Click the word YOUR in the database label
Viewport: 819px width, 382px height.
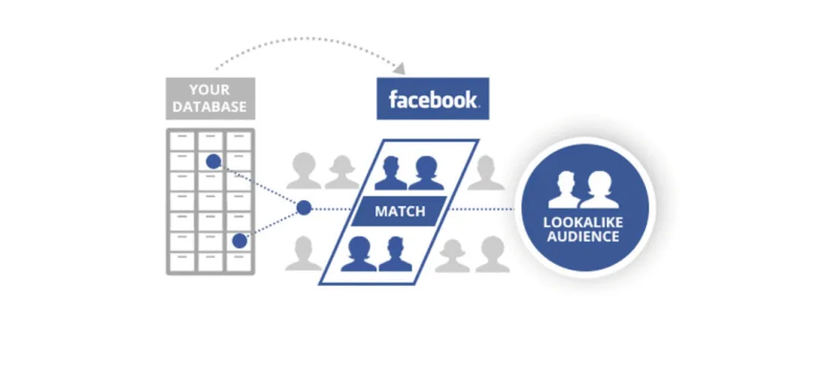210,91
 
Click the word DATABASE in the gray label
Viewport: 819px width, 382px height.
210,107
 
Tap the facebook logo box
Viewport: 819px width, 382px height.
433,99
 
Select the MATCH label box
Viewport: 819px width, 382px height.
400,211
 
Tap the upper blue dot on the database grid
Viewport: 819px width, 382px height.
214,161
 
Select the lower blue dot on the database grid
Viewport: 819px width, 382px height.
240,241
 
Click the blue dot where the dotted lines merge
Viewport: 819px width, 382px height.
304,208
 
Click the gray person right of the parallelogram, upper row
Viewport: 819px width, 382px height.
486,173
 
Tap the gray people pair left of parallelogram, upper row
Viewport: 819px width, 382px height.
322,171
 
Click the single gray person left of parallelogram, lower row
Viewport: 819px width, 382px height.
303,253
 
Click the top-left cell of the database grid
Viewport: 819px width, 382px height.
181,141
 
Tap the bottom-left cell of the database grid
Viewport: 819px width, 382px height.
181,260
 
